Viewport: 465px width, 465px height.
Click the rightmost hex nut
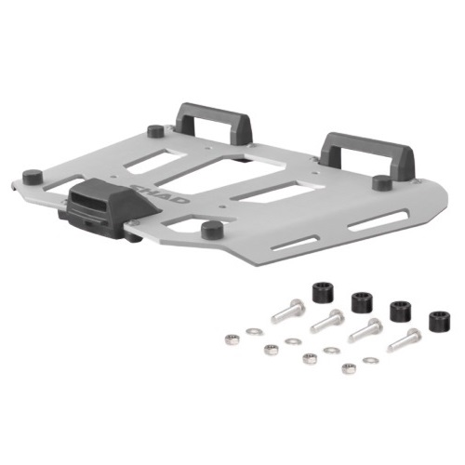tap(349, 369)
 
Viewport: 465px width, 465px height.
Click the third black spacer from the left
tap(400, 312)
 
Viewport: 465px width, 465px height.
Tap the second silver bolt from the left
tap(327, 323)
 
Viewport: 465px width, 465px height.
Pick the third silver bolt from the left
tap(364, 331)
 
